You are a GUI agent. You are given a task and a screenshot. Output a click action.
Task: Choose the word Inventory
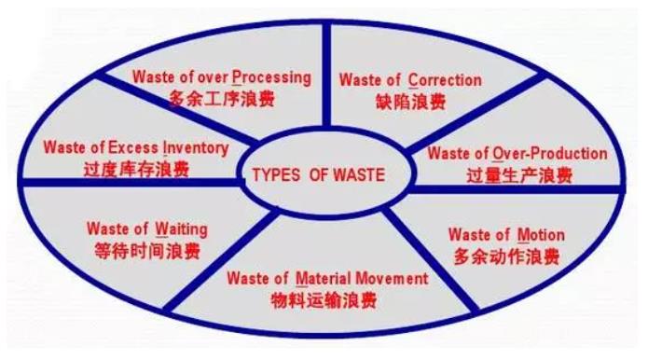pos(196,147)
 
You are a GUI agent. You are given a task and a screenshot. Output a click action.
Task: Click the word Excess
pos(133,147)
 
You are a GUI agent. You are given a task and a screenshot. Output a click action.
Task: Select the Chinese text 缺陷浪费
pos(409,102)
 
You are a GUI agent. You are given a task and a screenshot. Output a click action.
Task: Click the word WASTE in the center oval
pos(352,175)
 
